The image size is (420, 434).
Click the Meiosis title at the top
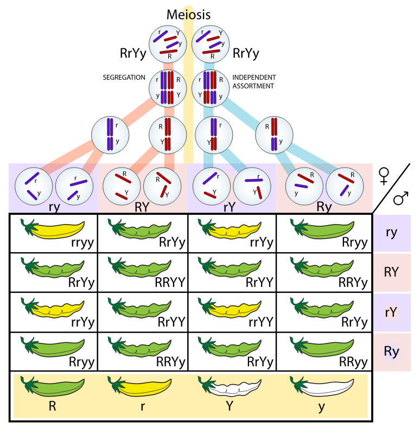tap(189, 15)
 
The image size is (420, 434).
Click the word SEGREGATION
tap(124, 78)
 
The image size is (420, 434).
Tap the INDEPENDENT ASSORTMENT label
tap(254, 81)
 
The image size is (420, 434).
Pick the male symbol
tap(401, 199)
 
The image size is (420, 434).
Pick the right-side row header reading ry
tap(392, 233)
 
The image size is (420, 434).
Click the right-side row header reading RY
tap(392, 272)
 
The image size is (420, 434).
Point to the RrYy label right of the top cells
tap(246, 54)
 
